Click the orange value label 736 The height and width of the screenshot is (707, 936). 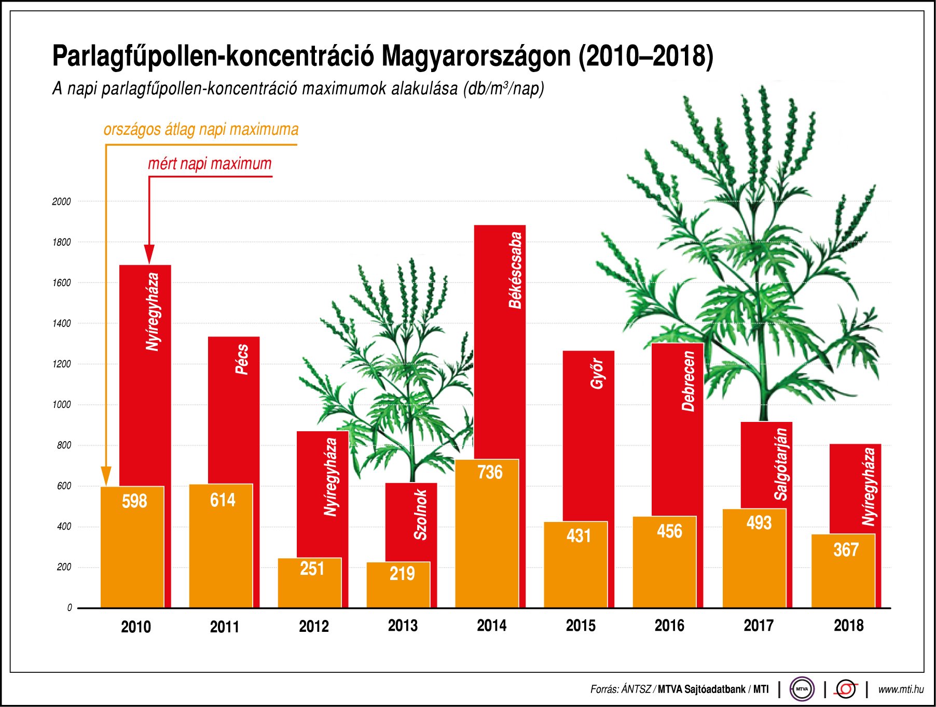[x=490, y=472]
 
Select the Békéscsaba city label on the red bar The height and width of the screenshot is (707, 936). [x=515, y=271]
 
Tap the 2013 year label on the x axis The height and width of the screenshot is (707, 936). [x=403, y=626]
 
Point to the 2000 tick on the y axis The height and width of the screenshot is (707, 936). [x=61, y=202]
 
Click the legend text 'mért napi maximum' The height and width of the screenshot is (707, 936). [x=210, y=164]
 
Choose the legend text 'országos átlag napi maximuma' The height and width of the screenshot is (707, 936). [x=201, y=129]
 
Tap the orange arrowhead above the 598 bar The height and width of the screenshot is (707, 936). [x=106, y=476]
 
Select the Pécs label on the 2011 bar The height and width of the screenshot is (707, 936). [x=242, y=359]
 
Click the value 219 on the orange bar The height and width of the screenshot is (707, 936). [x=402, y=573]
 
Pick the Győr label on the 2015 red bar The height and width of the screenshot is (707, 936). [x=597, y=373]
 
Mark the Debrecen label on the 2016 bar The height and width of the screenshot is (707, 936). [x=688, y=381]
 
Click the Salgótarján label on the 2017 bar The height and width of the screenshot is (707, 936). [x=781, y=464]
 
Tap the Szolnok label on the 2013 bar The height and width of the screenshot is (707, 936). [x=420, y=515]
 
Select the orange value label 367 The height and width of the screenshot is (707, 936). [x=846, y=549]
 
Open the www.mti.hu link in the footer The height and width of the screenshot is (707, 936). [x=901, y=689]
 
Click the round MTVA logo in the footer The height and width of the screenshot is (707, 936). [x=802, y=689]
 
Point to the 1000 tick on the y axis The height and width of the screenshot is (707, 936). [x=61, y=405]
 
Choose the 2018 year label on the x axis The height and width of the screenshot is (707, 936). [x=848, y=626]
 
